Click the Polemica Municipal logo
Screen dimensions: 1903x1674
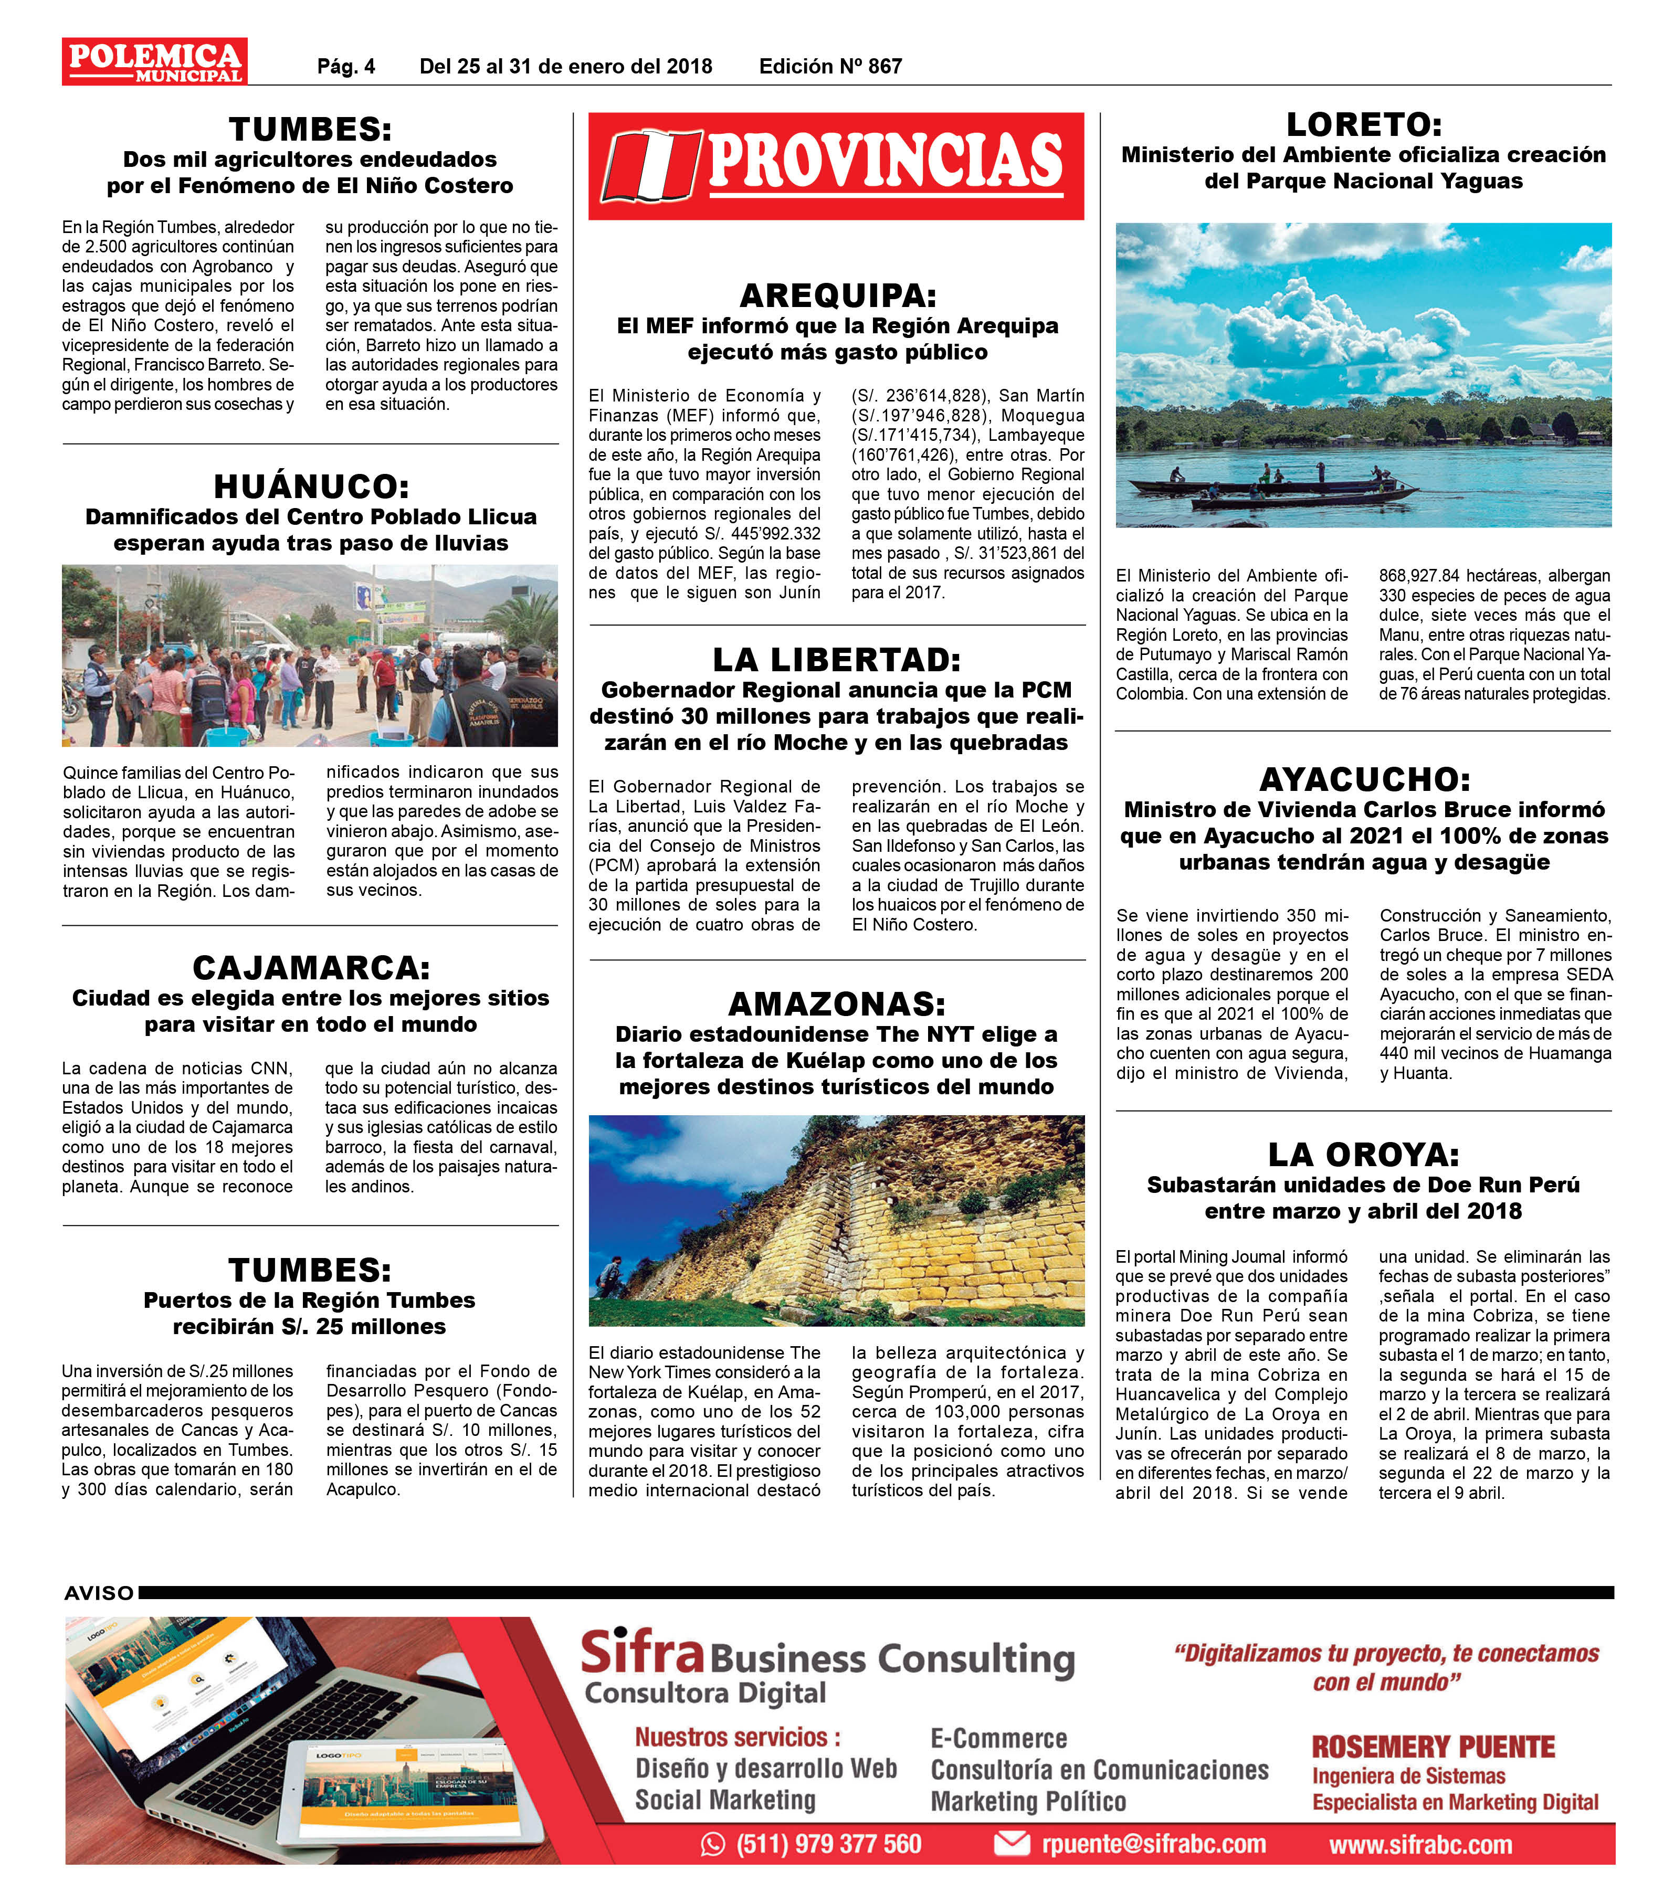[x=154, y=61]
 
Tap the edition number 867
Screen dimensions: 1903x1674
[x=883, y=66]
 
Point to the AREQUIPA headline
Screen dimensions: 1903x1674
[x=837, y=296]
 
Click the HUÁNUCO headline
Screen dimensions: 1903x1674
[x=310, y=486]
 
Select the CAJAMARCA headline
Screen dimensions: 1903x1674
[x=310, y=967]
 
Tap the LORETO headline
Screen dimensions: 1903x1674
[x=1363, y=125]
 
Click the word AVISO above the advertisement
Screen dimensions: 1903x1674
[x=99, y=1593]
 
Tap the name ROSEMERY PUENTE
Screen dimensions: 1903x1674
[x=1433, y=1747]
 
